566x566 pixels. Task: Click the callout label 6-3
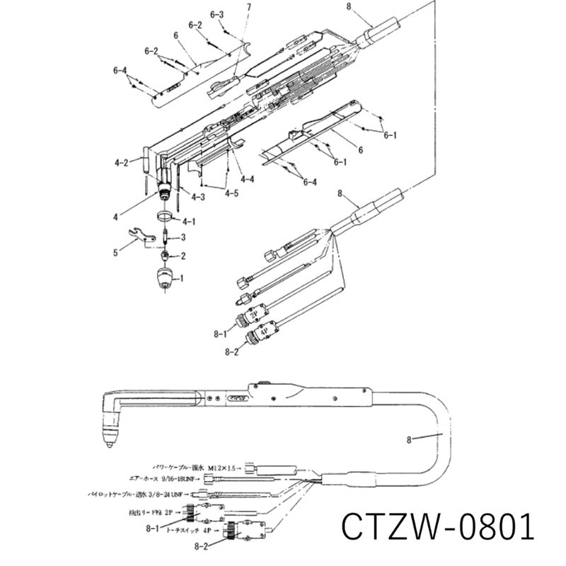click(217, 15)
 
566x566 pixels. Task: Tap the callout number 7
click(248, 8)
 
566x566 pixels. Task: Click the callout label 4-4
click(247, 180)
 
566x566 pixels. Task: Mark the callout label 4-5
click(231, 192)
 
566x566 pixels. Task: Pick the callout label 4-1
click(190, 221)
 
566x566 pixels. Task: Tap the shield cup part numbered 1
click(165, 279)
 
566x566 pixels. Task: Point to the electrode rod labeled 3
click(166, 236)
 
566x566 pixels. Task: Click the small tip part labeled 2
click(165, 255)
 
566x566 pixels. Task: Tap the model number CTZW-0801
click(436, 526)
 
